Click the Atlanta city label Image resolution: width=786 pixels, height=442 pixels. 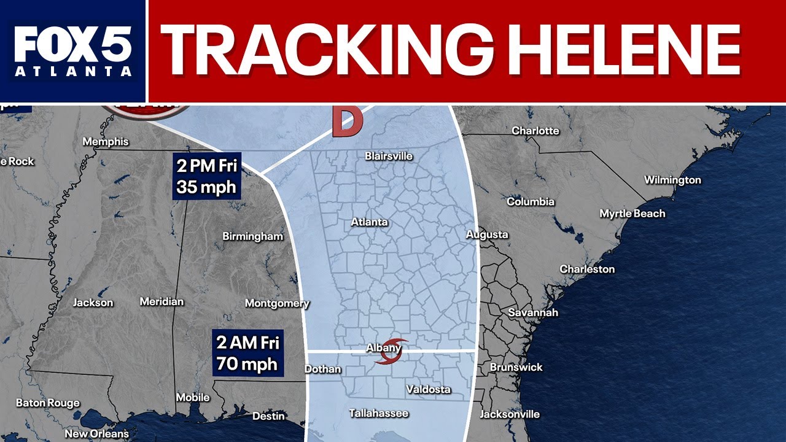pyautogui.click(x=369, y=222)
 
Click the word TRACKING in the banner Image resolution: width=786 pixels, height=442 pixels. pyautogui.click(x=331, y=50)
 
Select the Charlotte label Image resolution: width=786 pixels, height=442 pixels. pyautogui.click(x=535, y=131)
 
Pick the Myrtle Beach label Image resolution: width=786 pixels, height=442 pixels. pyautogui.click(x=632, y=214)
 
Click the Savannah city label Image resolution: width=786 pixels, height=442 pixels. pyautogui.click(x=533, y=312)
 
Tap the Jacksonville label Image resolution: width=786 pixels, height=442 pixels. pyautogui.click(x=510, y=414)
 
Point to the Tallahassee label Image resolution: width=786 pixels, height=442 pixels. pyautogui.click(x=379, y=413)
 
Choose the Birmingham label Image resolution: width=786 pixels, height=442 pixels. pyautogui.click(x=252, y=236)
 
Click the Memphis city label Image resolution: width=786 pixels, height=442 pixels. pyautogui.click(x=106, y=142)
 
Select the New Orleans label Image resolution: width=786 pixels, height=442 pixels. pyautogui.click(x=97, y=433)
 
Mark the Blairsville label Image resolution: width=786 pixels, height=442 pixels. pyautogui.click(x=389, y=156)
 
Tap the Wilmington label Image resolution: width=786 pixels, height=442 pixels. pyautogui.click(x=672, y=180)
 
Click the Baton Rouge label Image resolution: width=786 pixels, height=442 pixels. pyautogui.click(x=47, y=403)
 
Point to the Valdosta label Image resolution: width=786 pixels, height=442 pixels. pyautogui.click(x=428, y=389)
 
